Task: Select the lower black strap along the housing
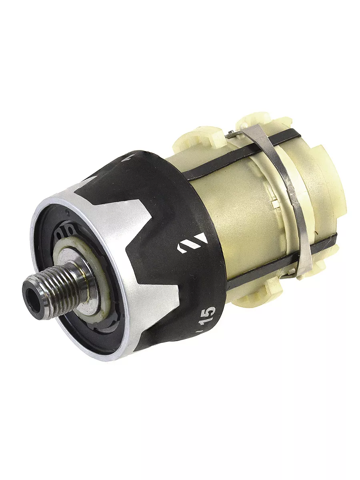[282, 260]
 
